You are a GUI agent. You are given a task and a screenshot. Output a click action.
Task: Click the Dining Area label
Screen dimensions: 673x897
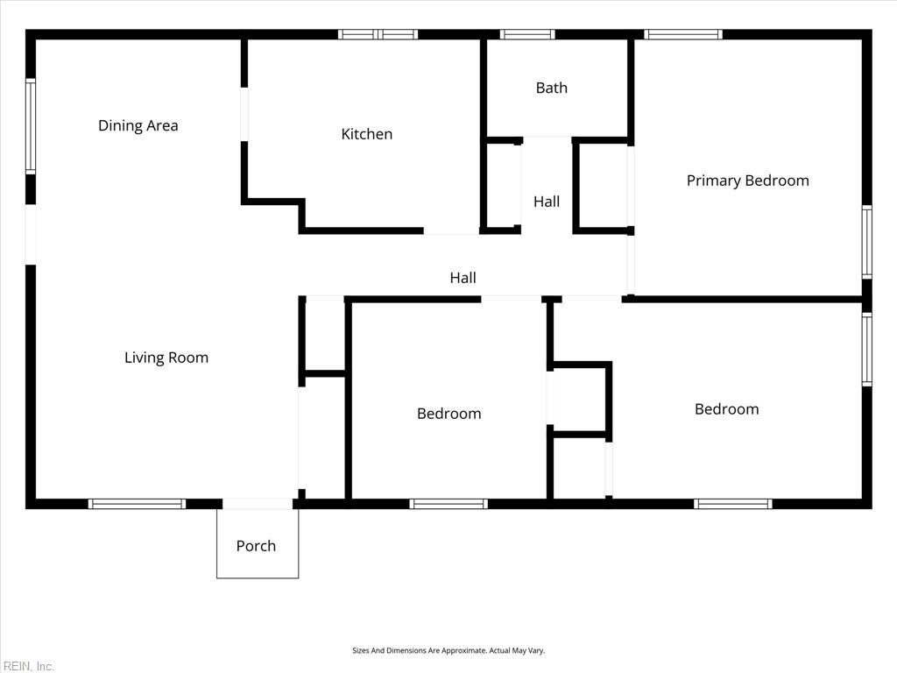(x=138, y=125)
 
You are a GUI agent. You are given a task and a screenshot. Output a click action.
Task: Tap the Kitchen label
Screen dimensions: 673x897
(x=366, y=134)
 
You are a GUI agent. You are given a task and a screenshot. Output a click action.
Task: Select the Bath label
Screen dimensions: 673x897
(x=551, y=88)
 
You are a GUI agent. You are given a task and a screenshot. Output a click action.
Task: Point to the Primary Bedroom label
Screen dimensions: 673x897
(x=747, y=181)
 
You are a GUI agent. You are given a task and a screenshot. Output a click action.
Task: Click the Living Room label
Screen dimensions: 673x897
(x=166, y=358)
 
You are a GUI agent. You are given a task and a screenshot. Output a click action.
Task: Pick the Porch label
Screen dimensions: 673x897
(x=256, y=546)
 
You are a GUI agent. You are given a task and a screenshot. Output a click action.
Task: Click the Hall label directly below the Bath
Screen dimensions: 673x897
(x=547, y=202)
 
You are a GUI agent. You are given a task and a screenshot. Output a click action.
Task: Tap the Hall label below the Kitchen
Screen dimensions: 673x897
(x=463, y=278)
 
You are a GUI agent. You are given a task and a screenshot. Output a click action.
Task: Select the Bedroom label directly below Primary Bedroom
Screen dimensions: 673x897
(x=726, y=409)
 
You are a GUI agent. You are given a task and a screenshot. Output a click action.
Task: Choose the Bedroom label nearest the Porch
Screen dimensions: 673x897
(x=448, y=414)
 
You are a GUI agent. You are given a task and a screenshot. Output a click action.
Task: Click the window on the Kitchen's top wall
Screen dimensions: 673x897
(x=378, y=35)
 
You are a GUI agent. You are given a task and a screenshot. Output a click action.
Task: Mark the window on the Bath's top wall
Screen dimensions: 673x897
(x=527, y=35)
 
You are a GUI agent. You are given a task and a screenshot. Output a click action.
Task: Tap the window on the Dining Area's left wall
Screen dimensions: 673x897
(x=31, y=126)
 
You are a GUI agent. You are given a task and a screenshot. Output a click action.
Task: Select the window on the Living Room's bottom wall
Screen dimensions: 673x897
(x=137, y=504)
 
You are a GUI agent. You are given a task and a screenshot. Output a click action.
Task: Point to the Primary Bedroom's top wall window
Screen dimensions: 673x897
(x=683, y=35)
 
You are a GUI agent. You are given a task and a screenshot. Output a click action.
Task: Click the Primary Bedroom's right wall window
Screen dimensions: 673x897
(x=866, y=242)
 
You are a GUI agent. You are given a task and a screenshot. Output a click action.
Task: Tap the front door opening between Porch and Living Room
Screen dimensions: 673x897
(x=257, y=504)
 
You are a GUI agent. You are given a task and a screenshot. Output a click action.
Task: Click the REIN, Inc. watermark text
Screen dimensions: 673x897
(x=28, y=666)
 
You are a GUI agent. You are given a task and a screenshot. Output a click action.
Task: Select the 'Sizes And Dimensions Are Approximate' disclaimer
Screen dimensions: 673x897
(x=448, y=650)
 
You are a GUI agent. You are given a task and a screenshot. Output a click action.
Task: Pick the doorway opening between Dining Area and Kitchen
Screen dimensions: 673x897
(x=244, y=114)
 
